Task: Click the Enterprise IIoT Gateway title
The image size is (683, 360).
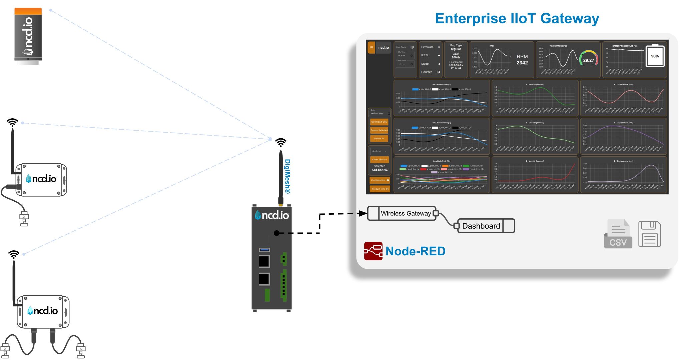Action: click(517, 18)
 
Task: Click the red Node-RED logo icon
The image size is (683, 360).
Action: click(373, 251)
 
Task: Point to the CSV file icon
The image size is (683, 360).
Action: click(618, 234)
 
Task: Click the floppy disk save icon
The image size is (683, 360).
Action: click(649, 234)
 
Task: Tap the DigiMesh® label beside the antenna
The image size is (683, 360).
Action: click(287, 176)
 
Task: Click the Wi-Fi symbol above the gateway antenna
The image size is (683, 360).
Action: click(281, 142)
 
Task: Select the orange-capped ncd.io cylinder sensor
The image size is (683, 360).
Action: click(28, 35)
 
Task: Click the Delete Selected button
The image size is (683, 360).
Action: click(379, 130)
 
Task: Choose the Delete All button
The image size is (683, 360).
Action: click(379, 139)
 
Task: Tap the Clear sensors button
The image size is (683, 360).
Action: click(380, 160)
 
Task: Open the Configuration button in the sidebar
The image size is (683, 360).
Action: click(380, 180)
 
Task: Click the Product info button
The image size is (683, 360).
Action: click(380, 189)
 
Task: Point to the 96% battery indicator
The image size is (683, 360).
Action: click(655, 56)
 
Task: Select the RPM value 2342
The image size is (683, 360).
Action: click(522, 63)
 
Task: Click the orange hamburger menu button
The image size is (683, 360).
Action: click(371, 47)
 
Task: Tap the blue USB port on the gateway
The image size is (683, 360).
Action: click(264, 250)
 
